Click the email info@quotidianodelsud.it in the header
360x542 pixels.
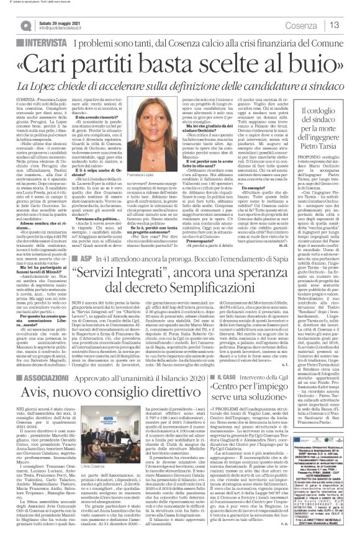tap(67, 28)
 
